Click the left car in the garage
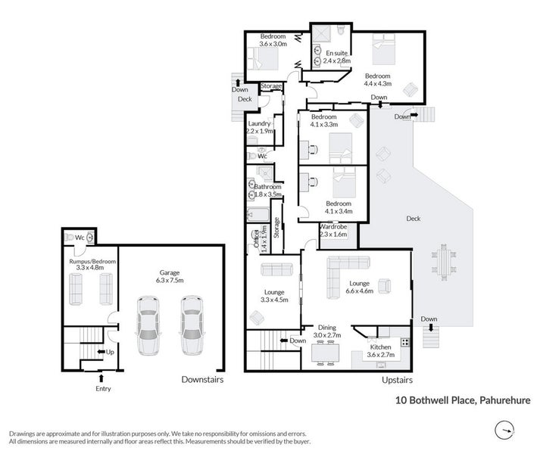pyautogui.click(x=148, y=325)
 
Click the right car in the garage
pyautogui.click(x=192, y=325)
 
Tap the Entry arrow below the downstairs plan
pyautogui.click(x=101, y=378)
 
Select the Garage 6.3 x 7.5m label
pyautogui.click(x=170, y=276)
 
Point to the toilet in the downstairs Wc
pyautogui.click(x=69, y=237)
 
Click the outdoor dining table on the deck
pyautogui.click(x=443, y=260)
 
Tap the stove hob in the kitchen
pyautogui.click(x=405, y=342)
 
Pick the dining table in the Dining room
pyautogui.click(x=325, y=353)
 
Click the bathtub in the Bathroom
pyautogui.click(x=258, y=215)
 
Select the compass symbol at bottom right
pyautogui.click(x=504, y=430)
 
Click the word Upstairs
pyautogui.click(x=397, y=380)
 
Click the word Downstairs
pyautogui.click(x=202, y=380)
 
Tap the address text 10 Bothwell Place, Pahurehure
pyautogui.click(x=463, y=400)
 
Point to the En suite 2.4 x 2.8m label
pyautogui.click(x=337, y=57)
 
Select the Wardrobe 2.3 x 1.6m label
pyautogui.click(x=333, y=231)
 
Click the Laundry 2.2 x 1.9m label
pyautogui.click(x=260, y=127)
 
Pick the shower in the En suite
pyautogui.click(x=321, y=34)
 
